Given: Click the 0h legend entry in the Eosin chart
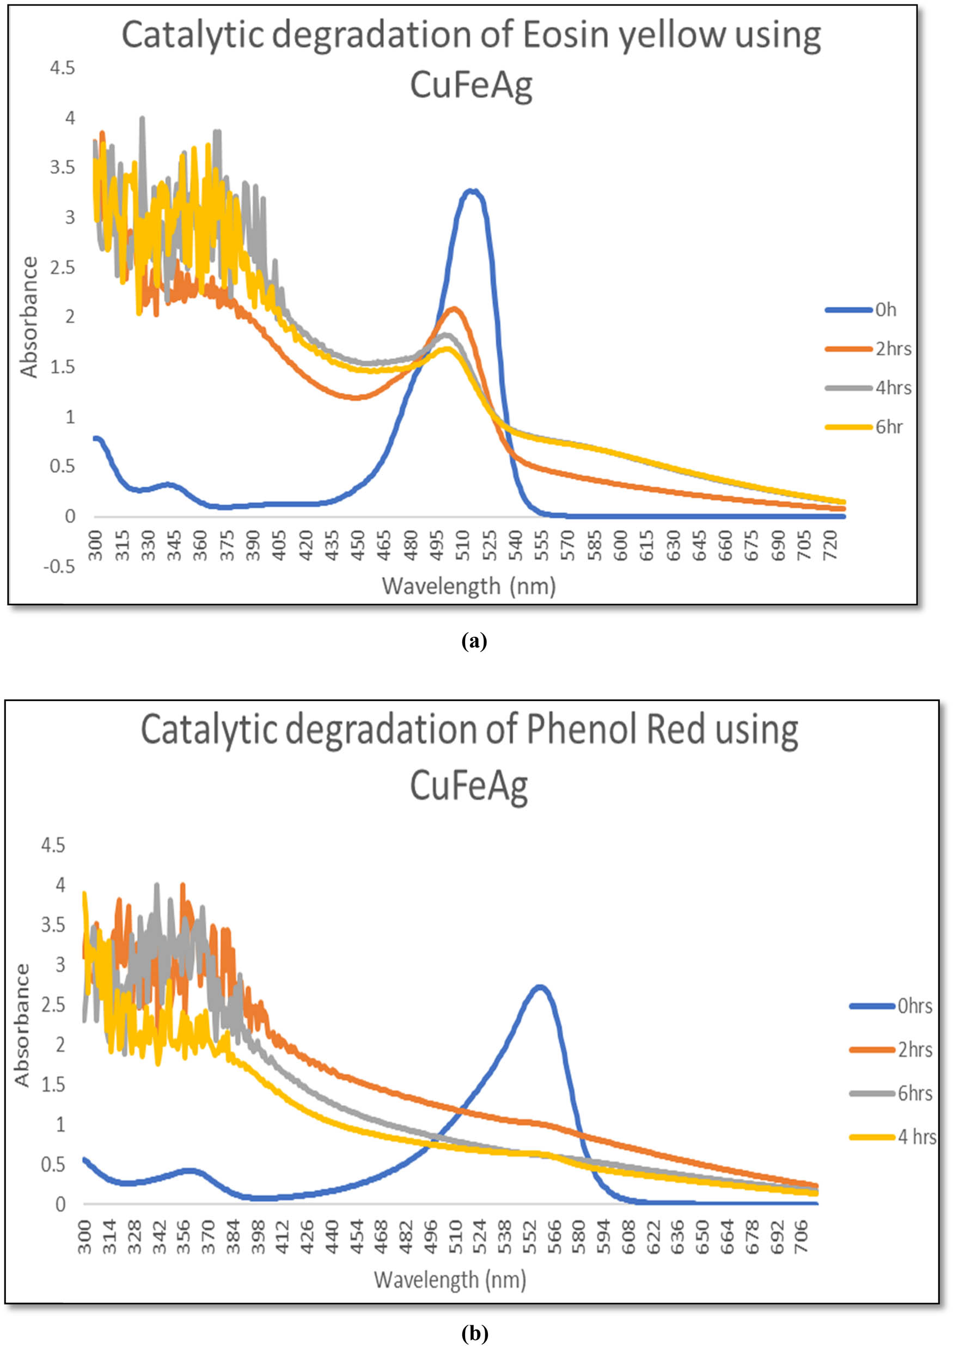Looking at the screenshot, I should click(x=885, y=309).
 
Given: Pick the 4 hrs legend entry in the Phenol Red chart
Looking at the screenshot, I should click(x=916, y=1137).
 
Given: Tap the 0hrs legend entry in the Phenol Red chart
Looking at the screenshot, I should click(x=914, y=1006).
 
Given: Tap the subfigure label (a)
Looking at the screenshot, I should click(x=475, y=641).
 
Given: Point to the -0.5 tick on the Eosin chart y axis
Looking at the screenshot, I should click(x=62, y=567).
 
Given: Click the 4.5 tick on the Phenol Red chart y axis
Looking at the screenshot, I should click(x=52, y=845).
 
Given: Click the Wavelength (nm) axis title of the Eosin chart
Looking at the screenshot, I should click(x=468, y=586).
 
